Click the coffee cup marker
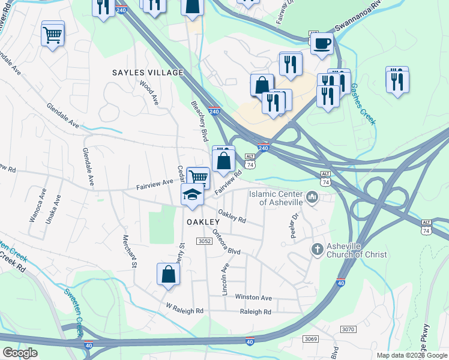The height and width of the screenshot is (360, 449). (322, 43)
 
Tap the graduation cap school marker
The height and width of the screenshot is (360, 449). (192, 194)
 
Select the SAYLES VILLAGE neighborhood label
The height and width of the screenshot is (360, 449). (148, 73)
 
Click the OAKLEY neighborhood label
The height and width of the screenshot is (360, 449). (202, 222)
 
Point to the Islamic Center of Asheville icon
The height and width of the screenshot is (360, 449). (312, 197)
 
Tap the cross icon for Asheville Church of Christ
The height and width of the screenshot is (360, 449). (318, 248)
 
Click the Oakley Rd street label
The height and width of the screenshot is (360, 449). (232, 216)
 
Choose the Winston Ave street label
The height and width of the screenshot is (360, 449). (253, 298)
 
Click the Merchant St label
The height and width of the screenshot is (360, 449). (130, 251)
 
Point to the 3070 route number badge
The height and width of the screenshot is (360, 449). (348, 329)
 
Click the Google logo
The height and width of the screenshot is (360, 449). (19, 353)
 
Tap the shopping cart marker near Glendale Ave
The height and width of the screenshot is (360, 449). (53, 34)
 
